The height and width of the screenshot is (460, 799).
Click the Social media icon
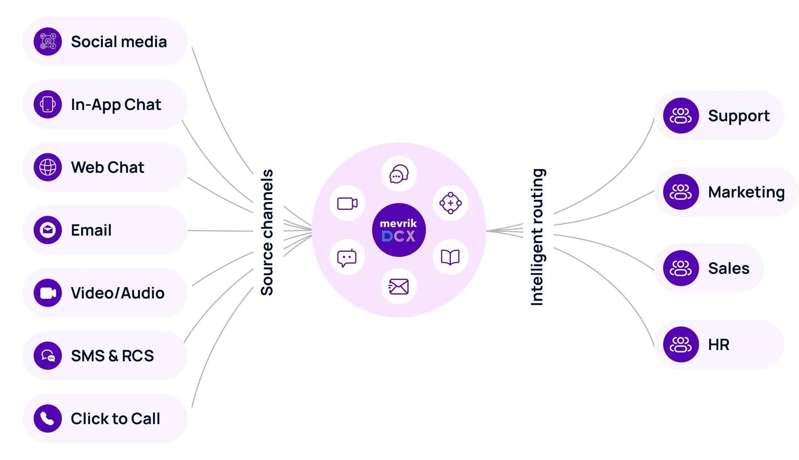48,42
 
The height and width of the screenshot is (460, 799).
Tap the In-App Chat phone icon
48,104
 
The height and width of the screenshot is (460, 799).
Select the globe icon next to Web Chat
48,167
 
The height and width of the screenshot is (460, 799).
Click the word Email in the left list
91,230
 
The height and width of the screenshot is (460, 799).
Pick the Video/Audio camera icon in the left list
48,293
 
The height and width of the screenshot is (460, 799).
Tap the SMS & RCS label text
112,356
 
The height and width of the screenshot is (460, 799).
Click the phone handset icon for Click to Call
48,418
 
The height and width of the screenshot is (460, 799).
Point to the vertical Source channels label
267,232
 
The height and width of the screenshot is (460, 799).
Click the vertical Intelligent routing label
537,236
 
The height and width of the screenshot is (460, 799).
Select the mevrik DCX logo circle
399,230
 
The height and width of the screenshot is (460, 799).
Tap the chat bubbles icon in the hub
399,174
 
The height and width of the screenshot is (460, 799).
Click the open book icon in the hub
450,257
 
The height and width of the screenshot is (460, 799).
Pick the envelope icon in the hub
399,286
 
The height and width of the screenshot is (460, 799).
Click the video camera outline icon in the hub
347,203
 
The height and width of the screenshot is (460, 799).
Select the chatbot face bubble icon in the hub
347,257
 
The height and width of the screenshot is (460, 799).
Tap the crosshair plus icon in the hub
450,203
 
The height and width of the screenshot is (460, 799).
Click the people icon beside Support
681,116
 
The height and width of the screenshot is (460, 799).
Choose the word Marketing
746,192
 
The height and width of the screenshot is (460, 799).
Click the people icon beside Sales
681,268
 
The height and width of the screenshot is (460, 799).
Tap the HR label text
719,345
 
